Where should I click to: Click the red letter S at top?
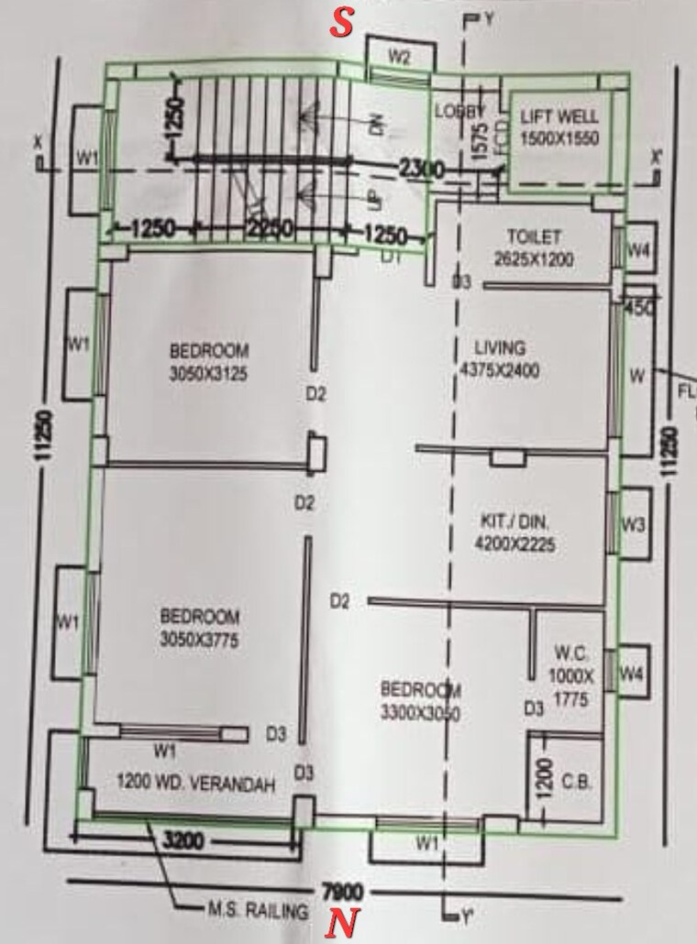342,24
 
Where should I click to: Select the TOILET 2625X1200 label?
533,247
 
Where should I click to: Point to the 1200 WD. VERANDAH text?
196,784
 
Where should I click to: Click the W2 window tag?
398,56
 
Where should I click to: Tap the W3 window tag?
633,525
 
